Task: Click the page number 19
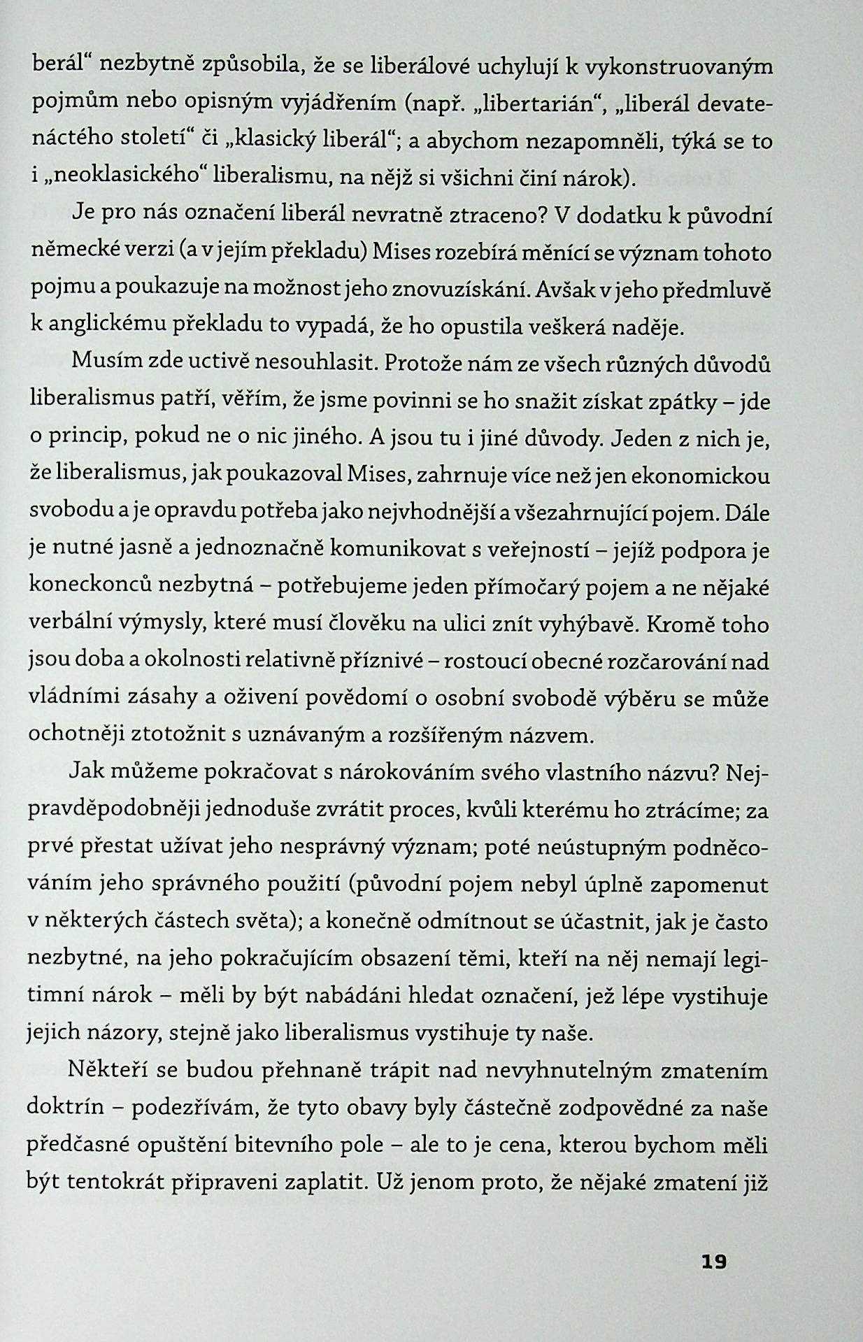click(x=713, y=1262)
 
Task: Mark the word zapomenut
click(x=709, y=885)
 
